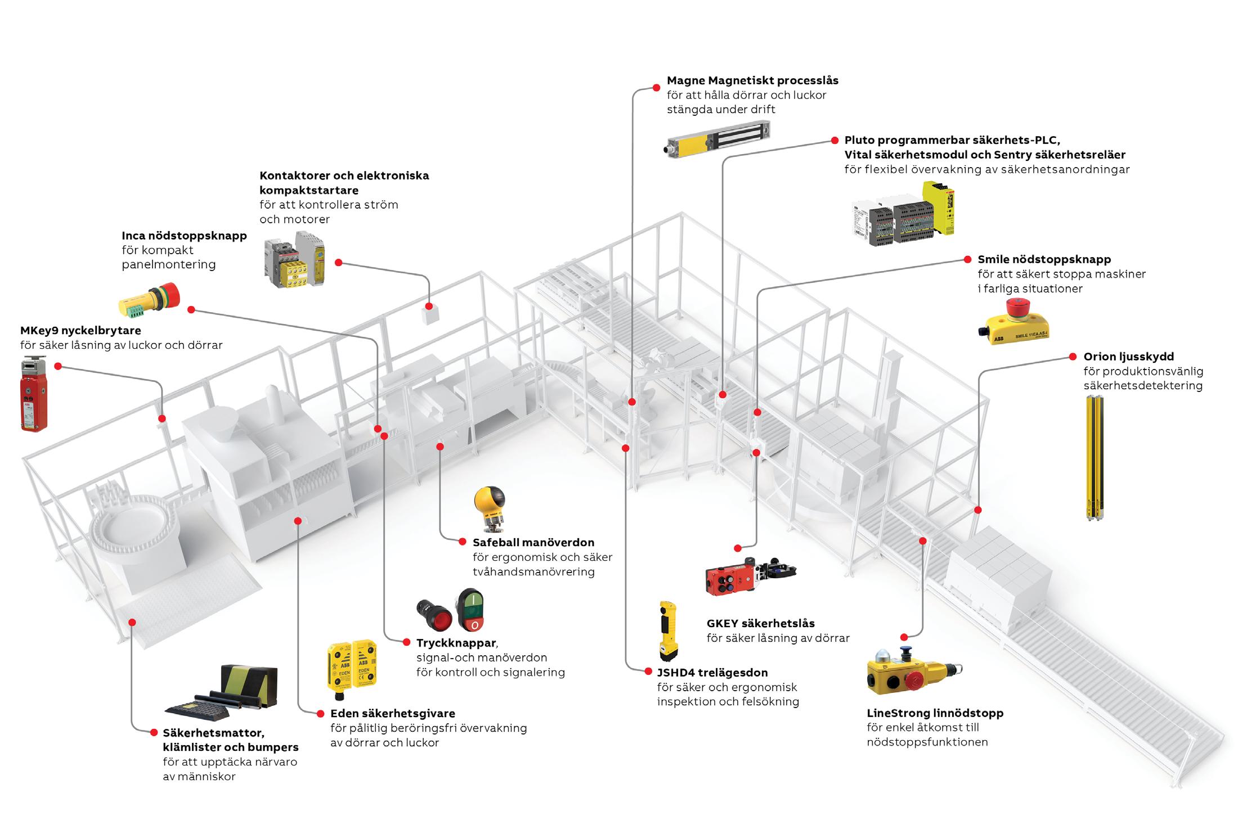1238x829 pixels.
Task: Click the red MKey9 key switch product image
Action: (34, 394)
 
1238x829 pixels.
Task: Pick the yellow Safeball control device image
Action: (489, 508)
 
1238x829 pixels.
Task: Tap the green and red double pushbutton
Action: (470, 610)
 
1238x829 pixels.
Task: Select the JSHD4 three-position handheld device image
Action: (669, 630)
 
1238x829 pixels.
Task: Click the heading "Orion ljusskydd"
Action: (1128, 357)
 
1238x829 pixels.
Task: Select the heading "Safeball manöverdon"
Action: (533, 542)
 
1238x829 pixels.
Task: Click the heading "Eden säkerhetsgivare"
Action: (392, 714)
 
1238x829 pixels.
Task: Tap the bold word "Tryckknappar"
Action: (456, 642)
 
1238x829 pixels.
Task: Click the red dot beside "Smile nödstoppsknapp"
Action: (967, 260)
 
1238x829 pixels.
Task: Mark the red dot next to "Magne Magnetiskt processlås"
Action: (656, 88)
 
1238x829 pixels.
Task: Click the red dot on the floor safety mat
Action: (132, 622)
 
